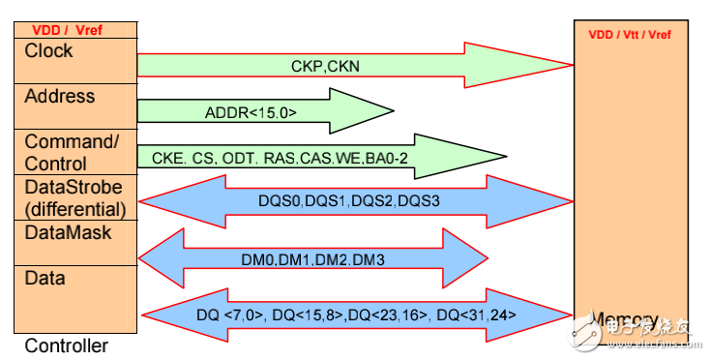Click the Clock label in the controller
(49, 50)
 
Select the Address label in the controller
(60, 96)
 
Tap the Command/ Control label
(71, 153)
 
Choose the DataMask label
(68, 232)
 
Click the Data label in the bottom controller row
(45, 278)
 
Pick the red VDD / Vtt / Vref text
(630, 35)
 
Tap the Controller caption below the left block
(66, 345)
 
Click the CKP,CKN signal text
(325, 66)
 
